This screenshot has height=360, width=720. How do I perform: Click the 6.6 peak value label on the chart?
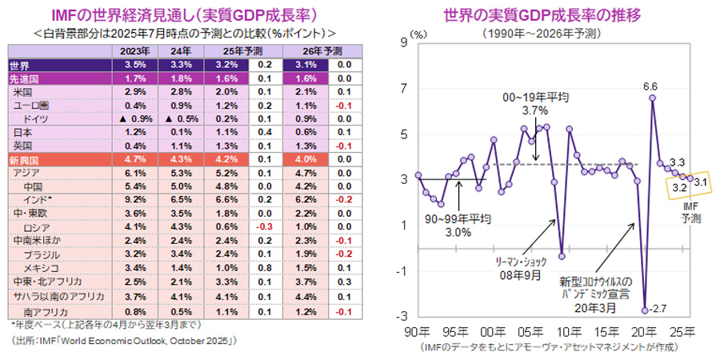[650, 86]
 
